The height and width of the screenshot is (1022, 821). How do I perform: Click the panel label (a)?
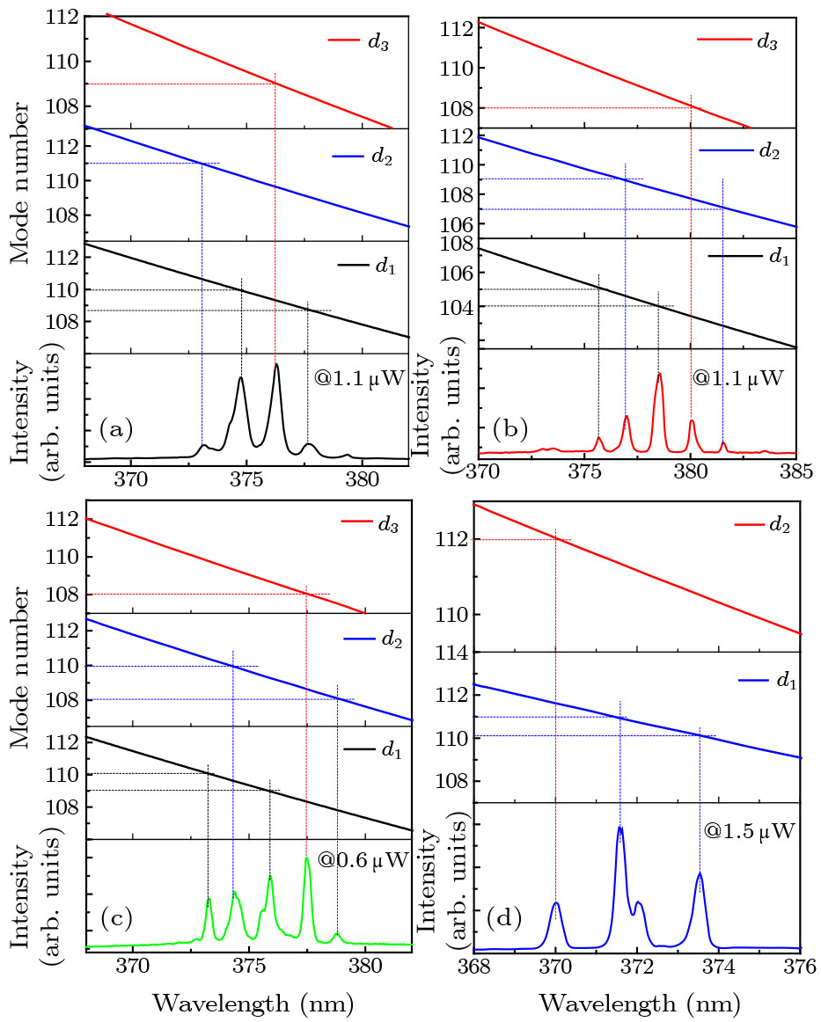pos(115,428)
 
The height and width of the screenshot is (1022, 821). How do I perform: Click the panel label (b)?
pos(510,428)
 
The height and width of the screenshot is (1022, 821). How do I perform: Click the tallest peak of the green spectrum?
pos(306,859)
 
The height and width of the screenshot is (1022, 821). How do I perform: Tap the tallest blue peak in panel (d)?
pos(620,829)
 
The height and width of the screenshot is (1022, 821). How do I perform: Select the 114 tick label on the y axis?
pos(456,653)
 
